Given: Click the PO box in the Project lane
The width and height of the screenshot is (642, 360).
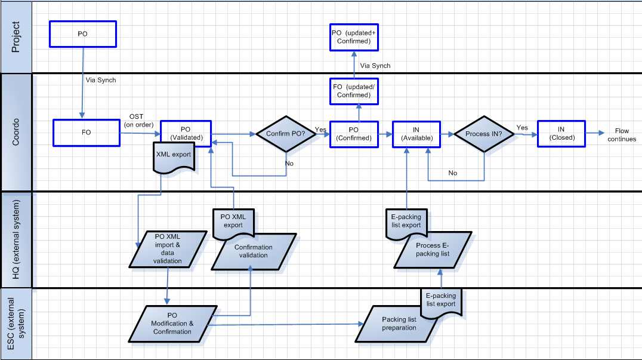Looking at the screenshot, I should click(82, 34).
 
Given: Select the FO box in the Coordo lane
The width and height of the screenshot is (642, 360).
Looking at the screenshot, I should click(87, 133).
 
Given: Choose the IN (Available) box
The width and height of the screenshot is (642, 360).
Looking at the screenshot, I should click(416, 133).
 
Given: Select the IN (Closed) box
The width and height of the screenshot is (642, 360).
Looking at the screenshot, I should click(561, 133).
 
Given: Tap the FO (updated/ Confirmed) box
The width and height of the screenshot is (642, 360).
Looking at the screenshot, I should click(354, 90).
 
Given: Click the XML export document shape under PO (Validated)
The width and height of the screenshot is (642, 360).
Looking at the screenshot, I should click(174, 156).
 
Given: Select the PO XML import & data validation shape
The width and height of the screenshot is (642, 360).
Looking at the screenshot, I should click(168, 249).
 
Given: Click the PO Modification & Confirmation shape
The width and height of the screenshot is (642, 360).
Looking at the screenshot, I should click(172, 323).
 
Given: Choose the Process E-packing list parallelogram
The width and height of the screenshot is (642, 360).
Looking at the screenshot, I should click(430, 251).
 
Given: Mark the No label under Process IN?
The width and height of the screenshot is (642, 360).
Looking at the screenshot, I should click(453, 173).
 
